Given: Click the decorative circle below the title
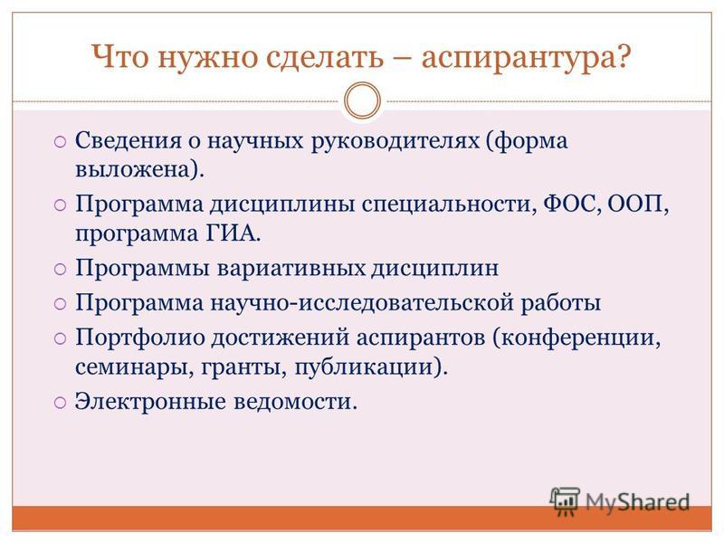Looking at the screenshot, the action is [x=363, y=100].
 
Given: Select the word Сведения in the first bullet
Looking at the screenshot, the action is [x=129, y=140].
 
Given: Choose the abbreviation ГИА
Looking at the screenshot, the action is [x=229, y=233].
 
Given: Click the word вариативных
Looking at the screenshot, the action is [x=291, y=268].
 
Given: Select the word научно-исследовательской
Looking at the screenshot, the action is [x=362, y=304].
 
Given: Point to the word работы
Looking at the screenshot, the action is [x=561, y=304].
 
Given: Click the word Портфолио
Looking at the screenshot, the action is [x=140, y=338].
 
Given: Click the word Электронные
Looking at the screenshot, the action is [x=150, y=401].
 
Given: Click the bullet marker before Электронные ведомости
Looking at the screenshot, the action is [x=61, y=403].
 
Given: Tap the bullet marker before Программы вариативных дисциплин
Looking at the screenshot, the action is [x=61, y=269].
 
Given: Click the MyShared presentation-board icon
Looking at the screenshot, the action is [x=565, y=501].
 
